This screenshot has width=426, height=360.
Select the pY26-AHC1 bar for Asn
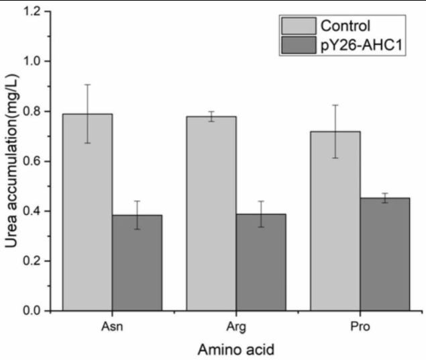[x=137, y=263]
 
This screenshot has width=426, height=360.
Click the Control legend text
[x=345, y=27]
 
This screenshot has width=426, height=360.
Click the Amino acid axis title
[x=235, y=349]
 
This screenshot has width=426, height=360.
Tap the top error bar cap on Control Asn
[x=87, y=85]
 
